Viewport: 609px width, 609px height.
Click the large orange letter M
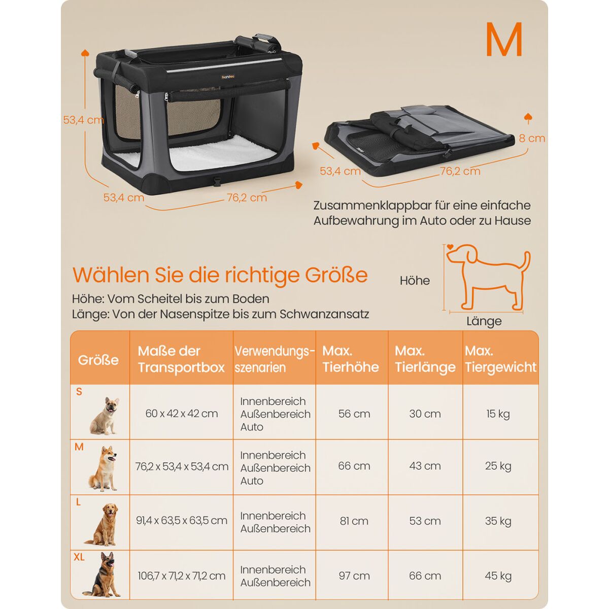click(x=504, y=40)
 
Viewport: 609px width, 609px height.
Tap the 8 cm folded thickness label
click(x=532, y=138)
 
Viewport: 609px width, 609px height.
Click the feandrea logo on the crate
click(x=227, y=76)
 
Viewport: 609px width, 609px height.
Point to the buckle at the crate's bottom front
click(x=217, y=181)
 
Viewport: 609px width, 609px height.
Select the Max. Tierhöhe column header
click(x=351, y=359)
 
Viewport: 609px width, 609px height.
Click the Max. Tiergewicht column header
click(x=500, y=359)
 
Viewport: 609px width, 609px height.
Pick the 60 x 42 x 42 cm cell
click(x=181, y=414)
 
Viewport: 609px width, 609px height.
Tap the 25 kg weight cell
click(x=498, y=466)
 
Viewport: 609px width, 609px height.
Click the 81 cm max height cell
click(x=354, y=521)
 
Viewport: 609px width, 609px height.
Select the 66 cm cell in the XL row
click(x=425, y=576)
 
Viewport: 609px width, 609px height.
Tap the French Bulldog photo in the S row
click(x=105, y=416)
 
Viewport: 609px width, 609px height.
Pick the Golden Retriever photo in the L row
click(x=103, y=524)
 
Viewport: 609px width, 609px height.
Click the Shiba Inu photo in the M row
click(x=103, y=469)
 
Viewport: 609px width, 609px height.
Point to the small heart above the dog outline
click(x=450, y=247)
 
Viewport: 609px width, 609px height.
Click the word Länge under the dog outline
click(x=484, y=321)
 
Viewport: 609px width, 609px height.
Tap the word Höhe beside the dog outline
click(x=415, y=281)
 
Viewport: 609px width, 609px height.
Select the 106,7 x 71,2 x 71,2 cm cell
click(x=181, y=576)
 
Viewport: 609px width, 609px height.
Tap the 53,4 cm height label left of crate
click(x=83, y=120)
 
